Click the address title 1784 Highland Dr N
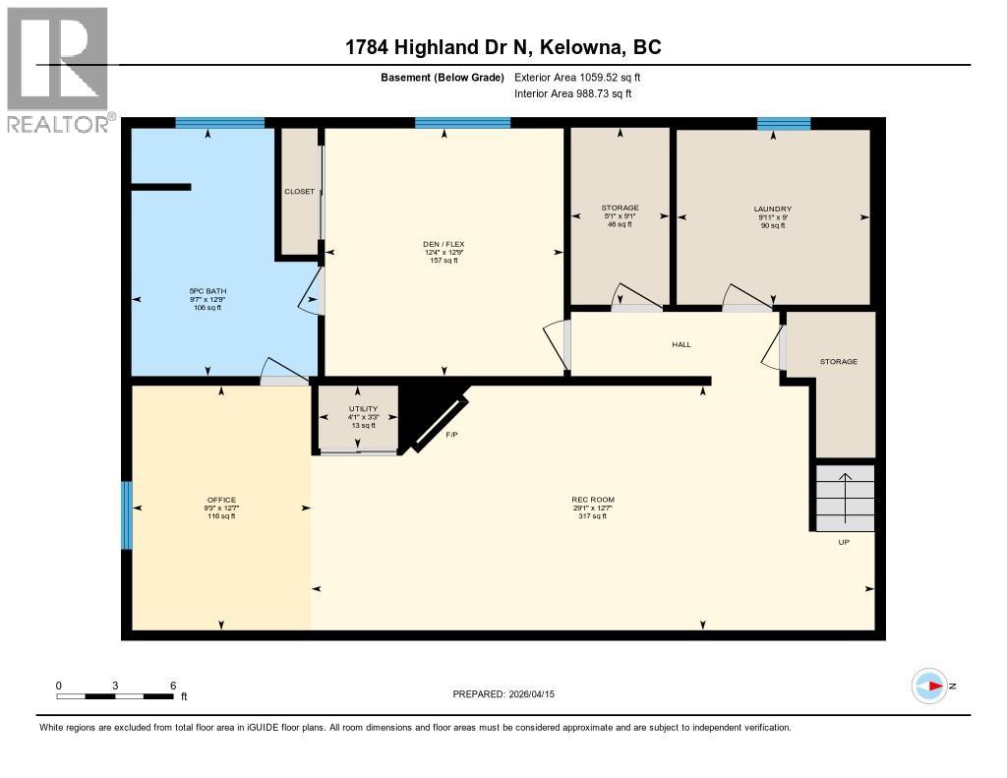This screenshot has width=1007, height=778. point(503,47)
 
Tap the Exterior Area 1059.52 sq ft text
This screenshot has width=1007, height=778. point(577,77)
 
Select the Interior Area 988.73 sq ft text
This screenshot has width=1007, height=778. point(572,93)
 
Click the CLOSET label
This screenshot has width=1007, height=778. point(299,191)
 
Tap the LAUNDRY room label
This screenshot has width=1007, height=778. point(772,209)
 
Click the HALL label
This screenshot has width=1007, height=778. point(681,344)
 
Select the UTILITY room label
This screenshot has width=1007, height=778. point(363,408)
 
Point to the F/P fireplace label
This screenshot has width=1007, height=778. point(452,434)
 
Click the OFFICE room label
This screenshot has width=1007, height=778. point(221,500)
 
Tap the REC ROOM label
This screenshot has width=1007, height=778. point(593,500)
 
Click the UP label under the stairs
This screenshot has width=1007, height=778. point(843,542)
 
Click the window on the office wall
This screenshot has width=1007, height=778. point(126,515)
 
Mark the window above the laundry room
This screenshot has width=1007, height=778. point(784,123)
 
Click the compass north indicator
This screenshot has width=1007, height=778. point(930,686)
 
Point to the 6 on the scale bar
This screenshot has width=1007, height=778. point(173,686)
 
